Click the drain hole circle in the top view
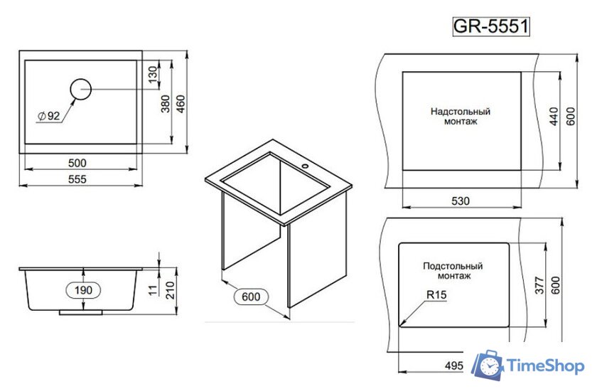[x=81, y=89]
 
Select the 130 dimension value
[x=151, y=74]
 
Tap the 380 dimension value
[x=166, y=103]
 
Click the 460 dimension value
[x=181, y=103]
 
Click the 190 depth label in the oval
[x=84, y=290]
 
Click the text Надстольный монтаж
[x=460, y=117]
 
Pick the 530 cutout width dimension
[x=461, y=201]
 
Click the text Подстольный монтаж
[x=453, y=270]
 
